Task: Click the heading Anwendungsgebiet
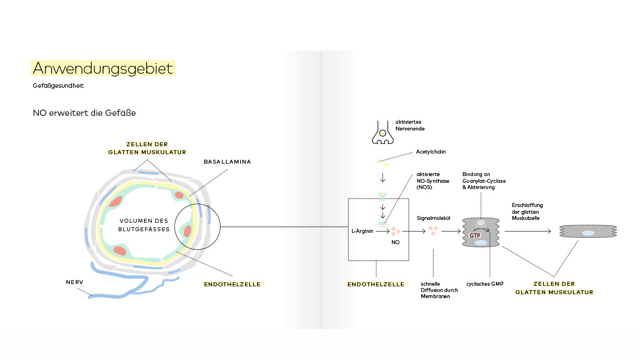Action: (102, 68)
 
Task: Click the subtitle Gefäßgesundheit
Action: (58, 86)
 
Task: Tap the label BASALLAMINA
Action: (227, 161)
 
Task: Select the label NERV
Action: (75, 282)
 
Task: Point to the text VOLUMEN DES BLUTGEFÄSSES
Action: (144, 224)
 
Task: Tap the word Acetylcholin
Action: (431, 151)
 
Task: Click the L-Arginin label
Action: (362, 231)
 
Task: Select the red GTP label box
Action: (475, 235)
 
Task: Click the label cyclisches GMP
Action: (484, 283)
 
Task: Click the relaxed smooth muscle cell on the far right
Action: (588, 231)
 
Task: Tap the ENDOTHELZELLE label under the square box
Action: (376, 284)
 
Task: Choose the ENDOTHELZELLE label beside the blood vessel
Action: (232, 284)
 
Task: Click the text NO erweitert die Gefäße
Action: (84, 113)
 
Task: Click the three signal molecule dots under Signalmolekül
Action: (434, 231)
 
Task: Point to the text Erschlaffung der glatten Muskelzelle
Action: (527, 211)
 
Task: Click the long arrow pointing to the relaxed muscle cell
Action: (528, 231)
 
